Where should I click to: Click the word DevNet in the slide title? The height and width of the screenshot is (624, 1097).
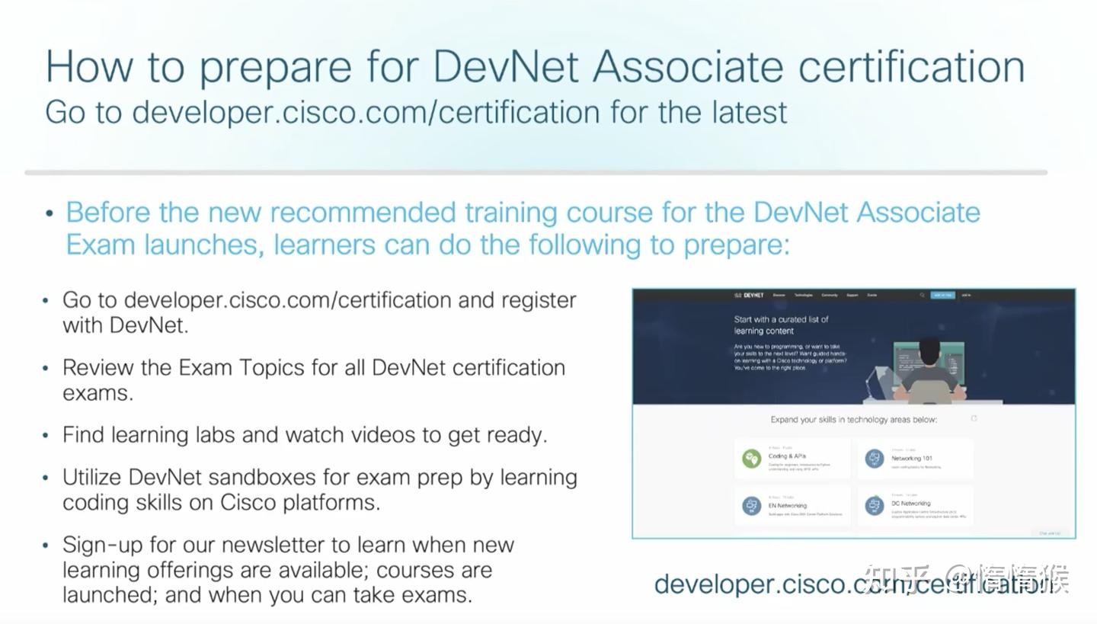pyautogui.click(x=506, y=66)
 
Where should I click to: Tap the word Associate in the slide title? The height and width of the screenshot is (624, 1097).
pyautogui.click(x=688, y=66)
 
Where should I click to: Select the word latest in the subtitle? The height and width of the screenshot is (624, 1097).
pyautogui.click(x=750, y=112)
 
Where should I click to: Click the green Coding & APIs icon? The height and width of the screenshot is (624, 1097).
pyautogui.click(x=752, y=459)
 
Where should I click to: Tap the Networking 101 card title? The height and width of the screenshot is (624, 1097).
pyautogui.click(x=912, y=459)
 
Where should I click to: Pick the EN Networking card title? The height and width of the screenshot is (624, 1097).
pyautogui.click(x=788, y=505)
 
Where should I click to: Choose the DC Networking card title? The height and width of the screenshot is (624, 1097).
pyautogui.click(x=911, y=504)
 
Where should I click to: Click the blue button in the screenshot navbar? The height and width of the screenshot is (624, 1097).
pyautogui.click(x=942, y=295)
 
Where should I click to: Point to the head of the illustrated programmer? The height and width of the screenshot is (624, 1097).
pyautogui.click(x=929, y=351)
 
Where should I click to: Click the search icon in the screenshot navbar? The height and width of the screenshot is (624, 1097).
pyautogui.click(x=922, y=295)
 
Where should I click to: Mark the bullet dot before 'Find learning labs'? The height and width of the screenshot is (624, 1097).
pyautogui.click(x=46, y=435)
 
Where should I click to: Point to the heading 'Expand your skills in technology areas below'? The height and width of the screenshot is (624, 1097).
pyautogui.click(x=853, y=420)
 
